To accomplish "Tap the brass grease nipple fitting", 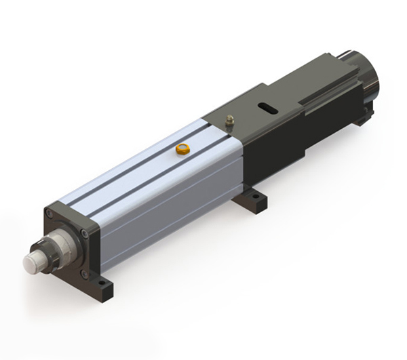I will point(229,122).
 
